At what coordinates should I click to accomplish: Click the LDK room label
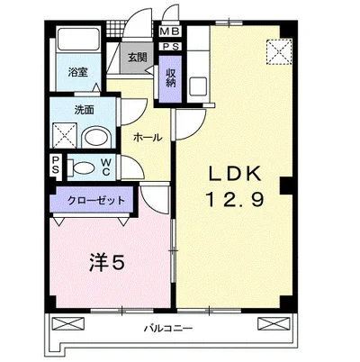pyautogui.click(x=235, y=173)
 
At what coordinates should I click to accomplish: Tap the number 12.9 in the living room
pyautogui.click(x=235, y=199)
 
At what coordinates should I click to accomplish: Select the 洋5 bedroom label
pyautogui.click(x=107, y=263)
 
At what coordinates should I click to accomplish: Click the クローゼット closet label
pyautogui.click(x=96, y=200)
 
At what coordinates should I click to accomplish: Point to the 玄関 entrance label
pyautogui.click(x=138, y=58)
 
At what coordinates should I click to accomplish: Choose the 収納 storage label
pyautogui.click(x=171, y=77)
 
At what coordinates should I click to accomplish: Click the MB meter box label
pyautogui.click(x=169, y=32)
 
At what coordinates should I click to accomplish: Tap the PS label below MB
pyautogui.click(x=171, y=47)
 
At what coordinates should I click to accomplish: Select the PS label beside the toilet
pyautogui.click(x=55, y=166)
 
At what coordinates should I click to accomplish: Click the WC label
pyautogui.click(x=106, y=167)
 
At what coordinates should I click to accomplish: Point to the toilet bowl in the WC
pyautogui.click(x=81, y=167)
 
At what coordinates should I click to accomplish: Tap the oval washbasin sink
pyautogui.click(x=96, y=138)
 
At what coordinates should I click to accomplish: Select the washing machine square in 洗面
pyautogui.click(x=65, y=135)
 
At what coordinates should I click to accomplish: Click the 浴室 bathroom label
pyautogui.click(x=77, y=72)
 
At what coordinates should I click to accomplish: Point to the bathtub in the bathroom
pyautogui.click(x=78, y=40)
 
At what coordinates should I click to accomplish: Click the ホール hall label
pyautogui.click(x=148, y=138)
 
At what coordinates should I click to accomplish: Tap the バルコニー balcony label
pyautogui.click(x=167, y=328)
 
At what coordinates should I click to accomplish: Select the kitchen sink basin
pyautogui.click(x=197, y=86)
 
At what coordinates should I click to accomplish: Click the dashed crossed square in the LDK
pyautogui.click(x=279, y=51)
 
